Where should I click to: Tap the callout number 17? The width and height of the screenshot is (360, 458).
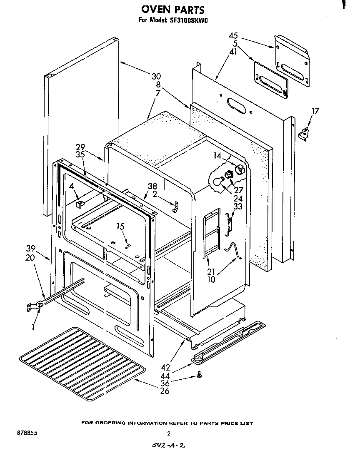tap(315, 111)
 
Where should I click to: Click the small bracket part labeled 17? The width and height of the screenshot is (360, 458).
tap(306, 132)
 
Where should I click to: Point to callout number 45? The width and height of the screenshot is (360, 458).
tap(233, 35)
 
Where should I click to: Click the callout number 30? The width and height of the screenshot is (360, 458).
tap(156, 76)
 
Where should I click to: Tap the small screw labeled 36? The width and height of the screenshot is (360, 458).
tap(200, 376)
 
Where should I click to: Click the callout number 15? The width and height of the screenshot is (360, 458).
tap(120, 227)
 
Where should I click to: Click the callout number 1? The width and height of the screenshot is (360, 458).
tap(33, 327)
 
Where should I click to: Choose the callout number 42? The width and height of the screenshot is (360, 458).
tap(165, 367)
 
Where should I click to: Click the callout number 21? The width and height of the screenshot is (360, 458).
tap(211, 271)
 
